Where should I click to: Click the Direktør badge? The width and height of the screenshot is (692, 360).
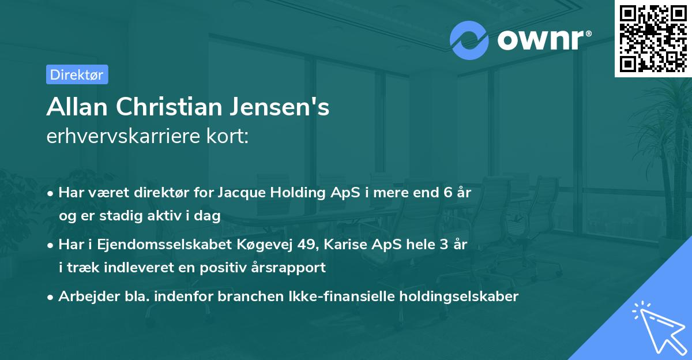77,74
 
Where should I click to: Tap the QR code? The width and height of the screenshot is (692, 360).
653,38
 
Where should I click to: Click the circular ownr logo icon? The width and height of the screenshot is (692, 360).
469,40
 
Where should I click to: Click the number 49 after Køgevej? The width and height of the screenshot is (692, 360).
303,245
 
